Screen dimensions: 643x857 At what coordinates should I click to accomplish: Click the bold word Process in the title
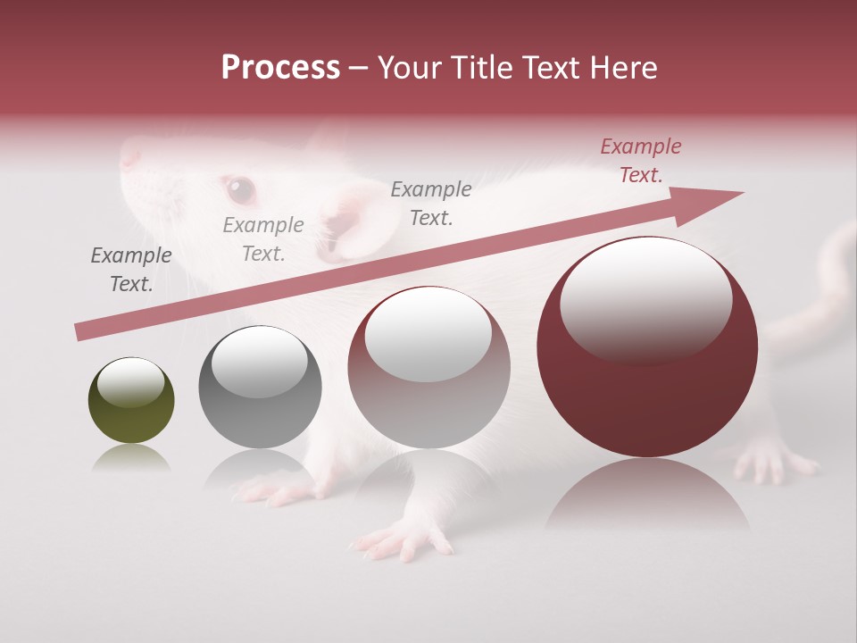(x=280, y=67)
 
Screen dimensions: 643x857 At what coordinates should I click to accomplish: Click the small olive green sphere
(x=131, y=400)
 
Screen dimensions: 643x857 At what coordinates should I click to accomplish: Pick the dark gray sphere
(x=260, y=387)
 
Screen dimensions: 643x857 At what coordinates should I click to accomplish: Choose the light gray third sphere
(x=428, y=367)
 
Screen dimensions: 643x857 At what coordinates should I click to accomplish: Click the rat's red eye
(x=239, y=188)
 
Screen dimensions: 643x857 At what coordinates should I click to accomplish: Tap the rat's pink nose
(x=130, y=157)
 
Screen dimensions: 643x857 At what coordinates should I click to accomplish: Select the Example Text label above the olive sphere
(x=131, y=270)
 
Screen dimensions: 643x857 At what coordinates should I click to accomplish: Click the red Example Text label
(x=640, y=161)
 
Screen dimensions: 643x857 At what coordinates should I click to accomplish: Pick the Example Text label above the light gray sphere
(x=431, y=204)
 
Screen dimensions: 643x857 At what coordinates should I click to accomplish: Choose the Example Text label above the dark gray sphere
(x=263, y=239)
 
